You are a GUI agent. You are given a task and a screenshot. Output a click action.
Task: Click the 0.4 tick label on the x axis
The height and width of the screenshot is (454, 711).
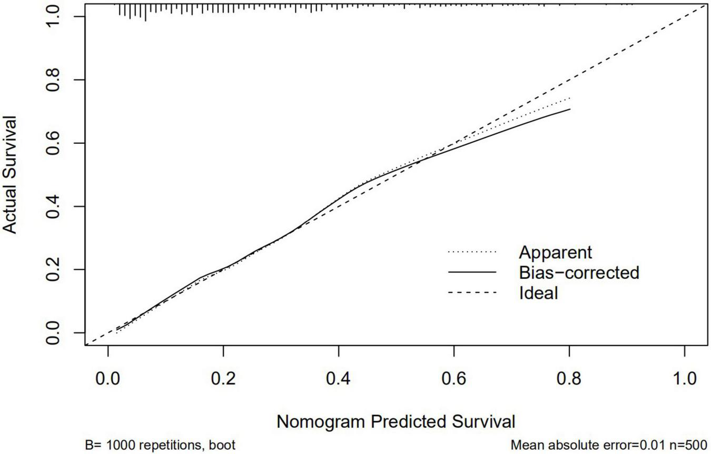[x=338, y=379]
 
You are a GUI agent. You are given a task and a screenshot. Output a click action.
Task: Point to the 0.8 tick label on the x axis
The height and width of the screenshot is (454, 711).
[x=569, y=379]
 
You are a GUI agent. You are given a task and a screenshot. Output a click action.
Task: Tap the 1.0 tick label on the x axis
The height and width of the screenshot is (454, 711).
[x=684, y=379]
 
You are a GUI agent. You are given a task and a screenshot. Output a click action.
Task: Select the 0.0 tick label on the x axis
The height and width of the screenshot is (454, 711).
[x=108, y=379]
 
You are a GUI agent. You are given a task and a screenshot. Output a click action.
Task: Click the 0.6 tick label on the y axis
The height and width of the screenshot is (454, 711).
[x=53, y=143]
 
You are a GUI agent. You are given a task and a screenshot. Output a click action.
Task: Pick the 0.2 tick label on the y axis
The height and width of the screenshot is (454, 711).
[x=53, y=270]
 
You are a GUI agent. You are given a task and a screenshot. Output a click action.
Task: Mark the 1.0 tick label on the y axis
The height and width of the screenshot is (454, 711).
[x=53, y=17]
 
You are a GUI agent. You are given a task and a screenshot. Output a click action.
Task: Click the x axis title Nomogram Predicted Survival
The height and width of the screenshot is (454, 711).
[x=396, y=422]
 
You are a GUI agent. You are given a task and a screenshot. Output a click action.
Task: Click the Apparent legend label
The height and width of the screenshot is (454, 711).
[x=555, y=252]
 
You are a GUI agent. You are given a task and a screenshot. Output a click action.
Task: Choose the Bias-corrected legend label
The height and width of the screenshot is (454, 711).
[x=578, y=272]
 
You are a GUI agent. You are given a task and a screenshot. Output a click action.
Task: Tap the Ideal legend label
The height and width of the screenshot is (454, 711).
[x=538, y=292]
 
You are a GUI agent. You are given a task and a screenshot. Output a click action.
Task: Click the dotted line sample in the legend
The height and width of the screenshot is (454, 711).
[x=472, y=252]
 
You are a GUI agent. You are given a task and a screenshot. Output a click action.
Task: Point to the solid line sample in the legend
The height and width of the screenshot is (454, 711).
[x=472, y=272]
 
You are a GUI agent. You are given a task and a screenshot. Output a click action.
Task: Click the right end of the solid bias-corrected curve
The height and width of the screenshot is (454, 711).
[x=569, y=109]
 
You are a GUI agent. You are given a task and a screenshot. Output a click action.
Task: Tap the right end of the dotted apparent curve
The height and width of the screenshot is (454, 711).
[x=569, y=98]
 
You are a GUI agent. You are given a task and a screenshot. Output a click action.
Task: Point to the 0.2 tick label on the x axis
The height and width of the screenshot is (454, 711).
[x=223, y=379]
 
